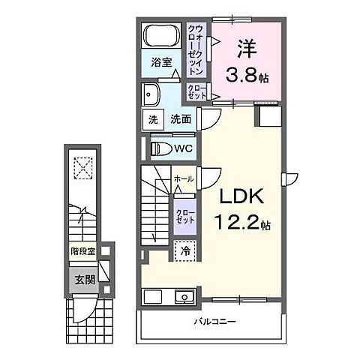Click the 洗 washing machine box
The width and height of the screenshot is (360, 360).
coord(152,119)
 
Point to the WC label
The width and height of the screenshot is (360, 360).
coord(183,148)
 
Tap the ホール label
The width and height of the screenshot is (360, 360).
coord(184,180)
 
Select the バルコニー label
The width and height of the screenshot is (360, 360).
coord(215,323)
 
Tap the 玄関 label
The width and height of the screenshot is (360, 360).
coord(83,280)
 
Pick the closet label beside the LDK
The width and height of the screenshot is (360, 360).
coord(184,218)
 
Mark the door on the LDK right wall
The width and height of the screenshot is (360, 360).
coord(287,177)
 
